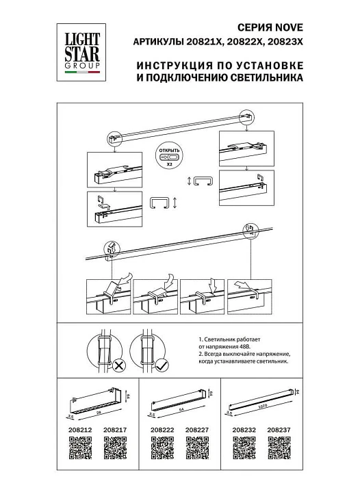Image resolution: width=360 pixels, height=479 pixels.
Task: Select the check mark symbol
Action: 162,367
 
